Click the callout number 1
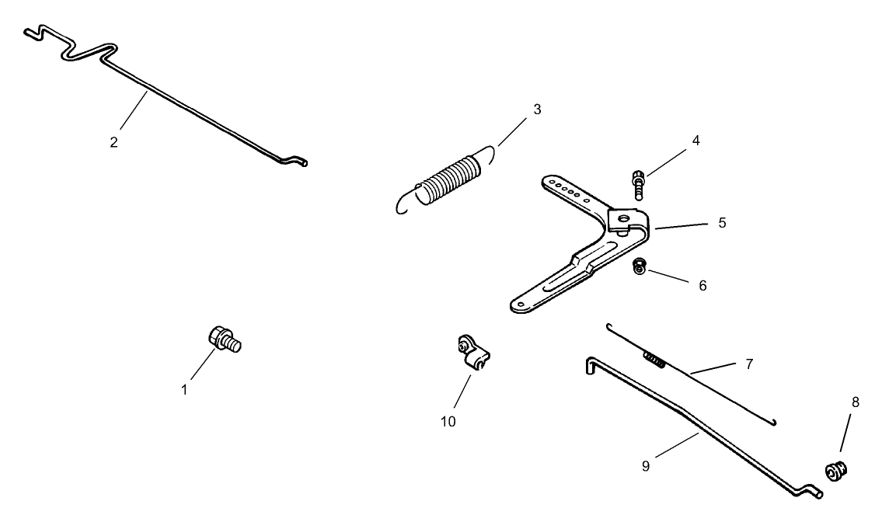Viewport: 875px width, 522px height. tap(184, 391)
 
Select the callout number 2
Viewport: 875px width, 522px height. tap(113, 142)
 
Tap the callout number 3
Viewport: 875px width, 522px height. tap(537, 110)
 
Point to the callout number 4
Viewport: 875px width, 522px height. tap(695, 141)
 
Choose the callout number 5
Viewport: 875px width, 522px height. tap(722, 223)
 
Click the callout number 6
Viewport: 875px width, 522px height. tap(702, 286)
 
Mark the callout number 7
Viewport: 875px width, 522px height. tap(749, 364)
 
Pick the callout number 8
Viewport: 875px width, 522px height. tap(856, 402)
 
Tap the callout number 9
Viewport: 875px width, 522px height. tap(646, 466)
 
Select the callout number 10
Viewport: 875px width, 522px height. tap(448, 422)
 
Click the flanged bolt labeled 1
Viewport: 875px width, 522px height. tap(224, 339)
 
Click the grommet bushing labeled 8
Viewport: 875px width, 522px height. tap(836, 472)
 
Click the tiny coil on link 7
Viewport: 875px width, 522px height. tap(654, 360)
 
